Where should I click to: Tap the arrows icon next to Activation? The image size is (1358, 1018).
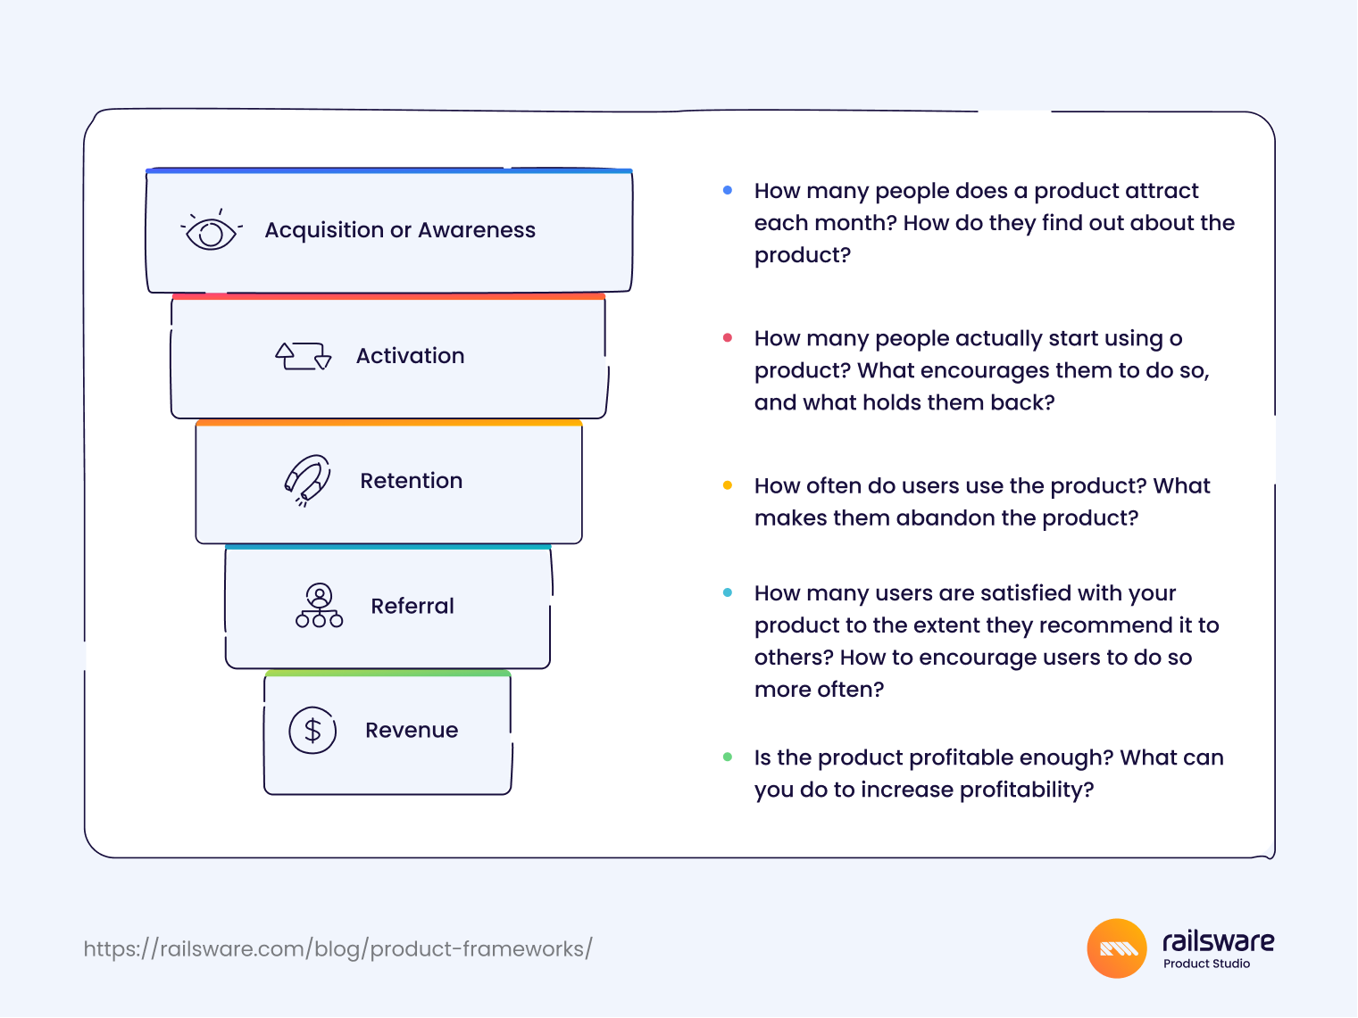click(x=304, y=357)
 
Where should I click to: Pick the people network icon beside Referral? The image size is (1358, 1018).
click(x=320, y=607)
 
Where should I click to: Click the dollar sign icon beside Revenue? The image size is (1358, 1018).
click(x=313, y=732)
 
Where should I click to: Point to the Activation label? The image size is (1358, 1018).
click(x=410, y=356)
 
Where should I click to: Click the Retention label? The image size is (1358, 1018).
click(x=412, y=481)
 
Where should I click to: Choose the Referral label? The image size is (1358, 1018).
click(x=412, y=607)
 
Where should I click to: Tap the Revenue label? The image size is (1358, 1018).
click(x=412, y=731)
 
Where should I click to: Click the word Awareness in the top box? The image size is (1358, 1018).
click(x=477, y=230)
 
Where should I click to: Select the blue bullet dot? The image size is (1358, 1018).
click(x=729, y=190)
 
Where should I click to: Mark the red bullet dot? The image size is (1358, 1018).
click(x=729, y=338)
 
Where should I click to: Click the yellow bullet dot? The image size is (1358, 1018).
click(x=729, y=486)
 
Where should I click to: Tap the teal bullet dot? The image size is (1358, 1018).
click(x=729, y=593)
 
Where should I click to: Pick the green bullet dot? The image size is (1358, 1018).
click(x=729, y=757)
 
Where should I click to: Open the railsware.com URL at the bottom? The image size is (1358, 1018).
click(x=338, y=949)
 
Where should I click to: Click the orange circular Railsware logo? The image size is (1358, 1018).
click(x=1117, y=949)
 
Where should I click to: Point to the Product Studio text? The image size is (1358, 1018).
click(x=1207, y=964)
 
